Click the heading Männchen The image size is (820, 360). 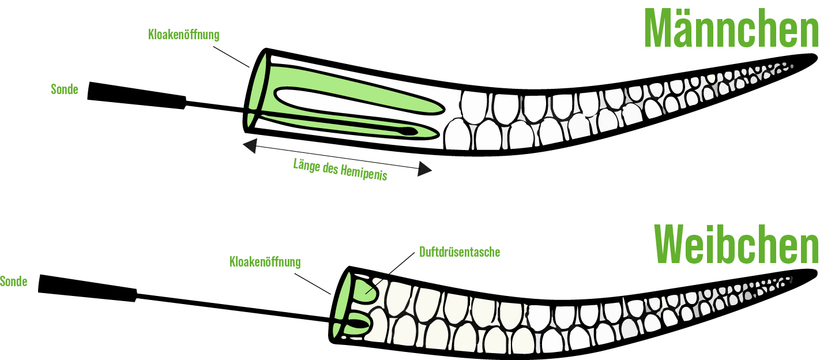click(731, 29)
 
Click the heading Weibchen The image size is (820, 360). click(736, 245)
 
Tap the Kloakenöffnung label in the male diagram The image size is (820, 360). click(184, 35)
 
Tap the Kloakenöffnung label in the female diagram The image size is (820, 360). click(265, 262)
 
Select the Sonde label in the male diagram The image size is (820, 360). click(65, 89)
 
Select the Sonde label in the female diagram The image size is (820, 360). click(13, 282)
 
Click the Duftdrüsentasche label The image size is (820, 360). click(460, 252)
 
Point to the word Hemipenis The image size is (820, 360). click(363, 172)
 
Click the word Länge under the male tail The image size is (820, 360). click(306, 166)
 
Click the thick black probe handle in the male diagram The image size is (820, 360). click(137, 96)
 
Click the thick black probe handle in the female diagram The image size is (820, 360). click(88, 288)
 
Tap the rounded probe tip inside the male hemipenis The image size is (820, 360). click(409, 131)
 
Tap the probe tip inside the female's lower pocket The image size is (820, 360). click(360, 324)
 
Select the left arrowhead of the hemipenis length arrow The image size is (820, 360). click(250, 146)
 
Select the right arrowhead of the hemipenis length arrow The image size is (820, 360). click(424, 169)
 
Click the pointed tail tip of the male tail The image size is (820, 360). click(815, 57)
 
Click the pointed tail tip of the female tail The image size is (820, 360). click(815, 273)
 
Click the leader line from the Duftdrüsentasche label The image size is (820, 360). click(390, 273)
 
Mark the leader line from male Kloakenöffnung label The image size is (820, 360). click(231, 57)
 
